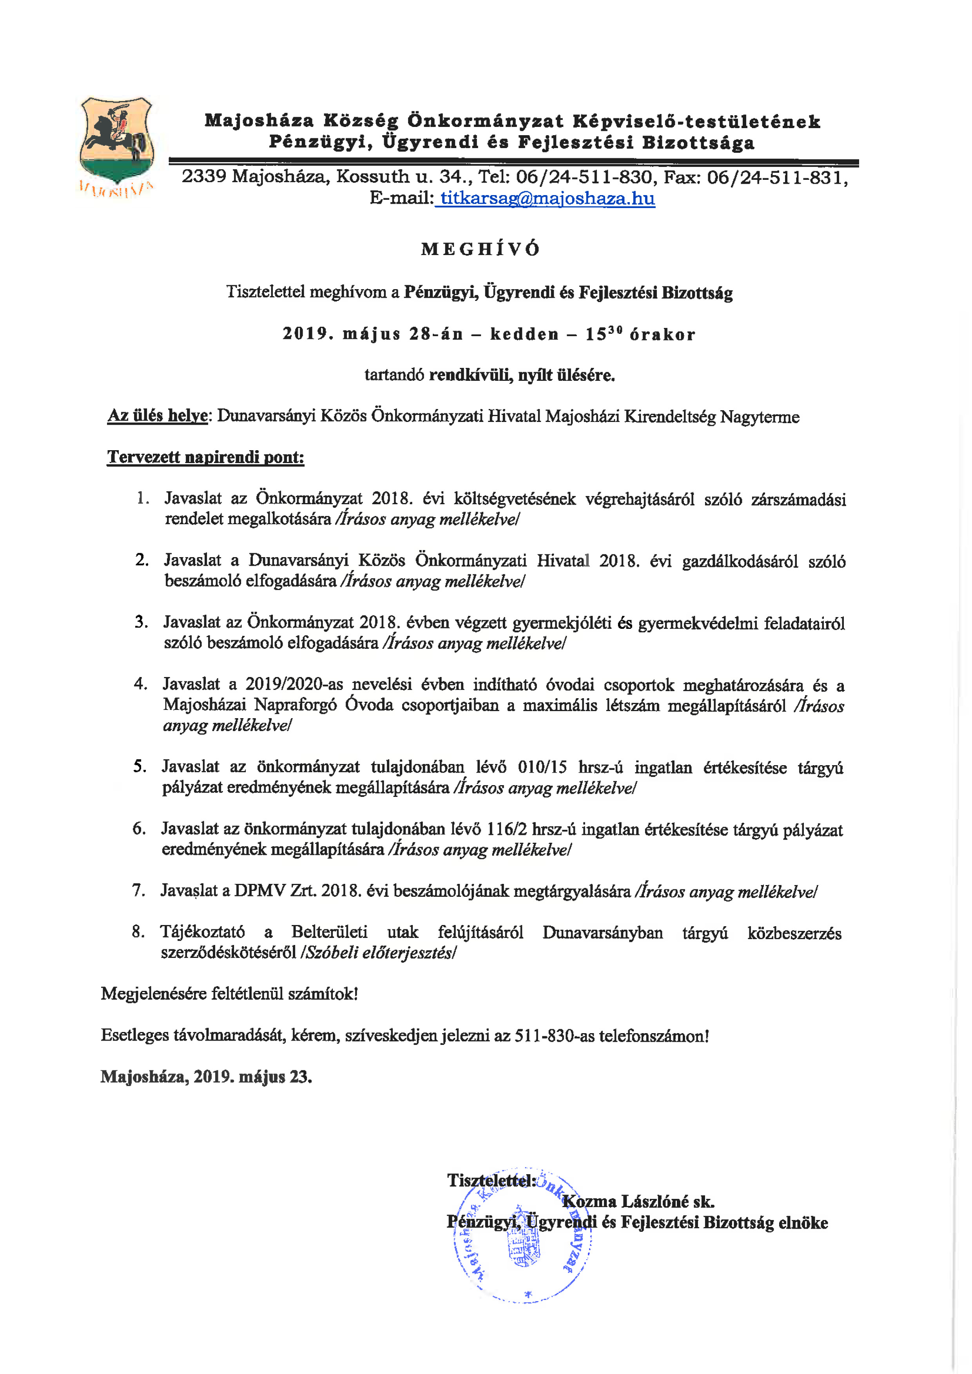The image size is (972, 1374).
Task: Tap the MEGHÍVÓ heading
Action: (x=480, y=249)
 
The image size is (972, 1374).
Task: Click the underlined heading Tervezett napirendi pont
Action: (x=205, y=457)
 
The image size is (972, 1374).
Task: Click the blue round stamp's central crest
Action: (x=523, y=1251)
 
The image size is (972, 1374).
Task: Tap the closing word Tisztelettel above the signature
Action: (x=490, y=1181)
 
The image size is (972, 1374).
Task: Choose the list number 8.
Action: (x=138, y=932)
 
